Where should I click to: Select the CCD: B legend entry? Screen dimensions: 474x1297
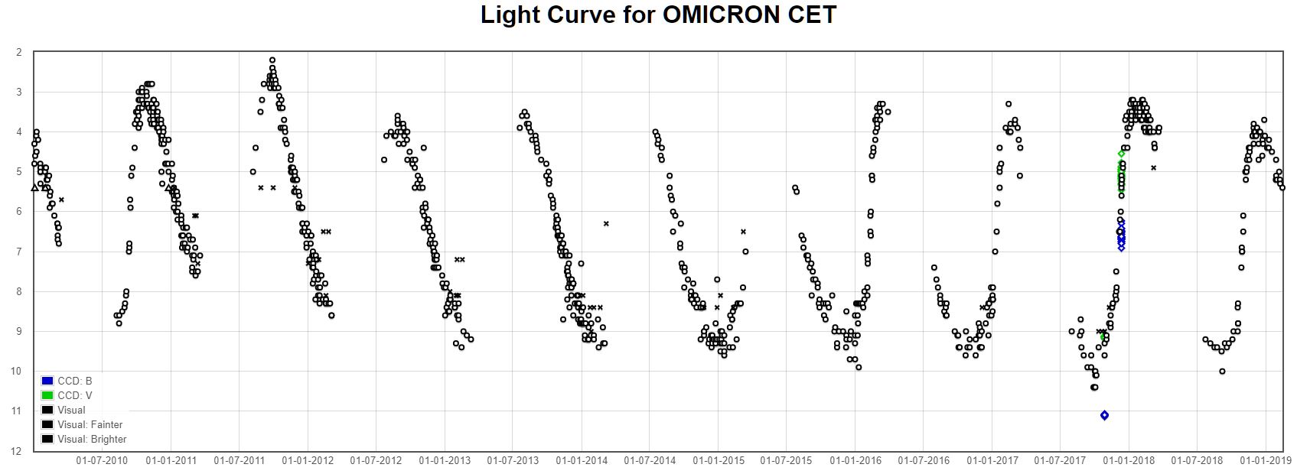[75, 381]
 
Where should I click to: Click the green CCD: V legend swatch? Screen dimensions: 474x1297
[47, 395]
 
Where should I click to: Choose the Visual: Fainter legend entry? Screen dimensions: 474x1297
[90, 424]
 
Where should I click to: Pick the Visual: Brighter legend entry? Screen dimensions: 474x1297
[92, 439]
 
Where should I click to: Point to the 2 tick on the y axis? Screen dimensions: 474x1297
[19, 53]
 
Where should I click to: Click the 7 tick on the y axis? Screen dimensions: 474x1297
[19, 252]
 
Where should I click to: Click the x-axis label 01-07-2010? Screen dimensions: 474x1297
[102, 461]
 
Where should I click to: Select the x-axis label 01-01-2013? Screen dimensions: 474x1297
[445, 461]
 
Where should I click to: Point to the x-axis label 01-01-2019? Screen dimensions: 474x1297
[1266, 461]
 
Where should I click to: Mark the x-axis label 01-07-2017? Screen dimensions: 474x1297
[1060, 461]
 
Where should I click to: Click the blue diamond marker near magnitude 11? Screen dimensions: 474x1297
[1104, 415]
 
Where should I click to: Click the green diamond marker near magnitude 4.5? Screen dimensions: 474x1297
[1121, 154]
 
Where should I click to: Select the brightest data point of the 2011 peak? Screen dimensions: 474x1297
[272, 60]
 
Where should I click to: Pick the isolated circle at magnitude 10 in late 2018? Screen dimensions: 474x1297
[1222, 372]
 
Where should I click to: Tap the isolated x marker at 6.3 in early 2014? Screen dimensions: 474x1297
[606, 223]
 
